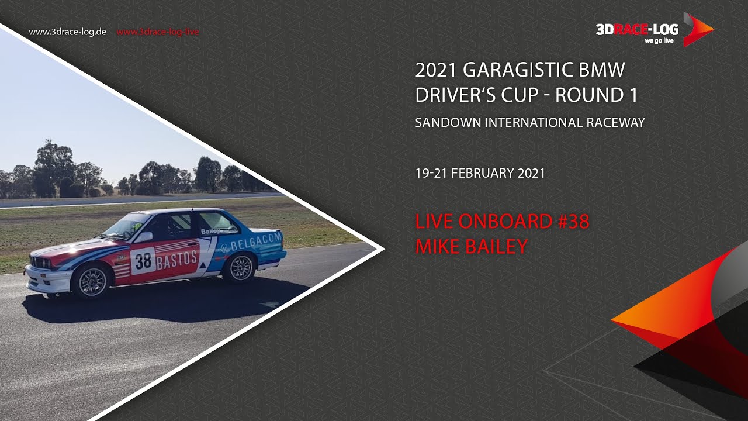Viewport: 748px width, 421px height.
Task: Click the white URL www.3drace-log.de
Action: [67, 32]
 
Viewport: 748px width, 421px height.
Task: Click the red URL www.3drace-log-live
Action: [157, 32]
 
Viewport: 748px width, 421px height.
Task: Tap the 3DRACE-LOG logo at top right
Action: [654, 29]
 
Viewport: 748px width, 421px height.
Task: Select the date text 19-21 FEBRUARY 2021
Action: [480, 174]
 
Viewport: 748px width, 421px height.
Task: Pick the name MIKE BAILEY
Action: [471, 247]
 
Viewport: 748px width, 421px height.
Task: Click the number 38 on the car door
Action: [143, 261]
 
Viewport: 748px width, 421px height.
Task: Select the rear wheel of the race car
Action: [240, 268]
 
